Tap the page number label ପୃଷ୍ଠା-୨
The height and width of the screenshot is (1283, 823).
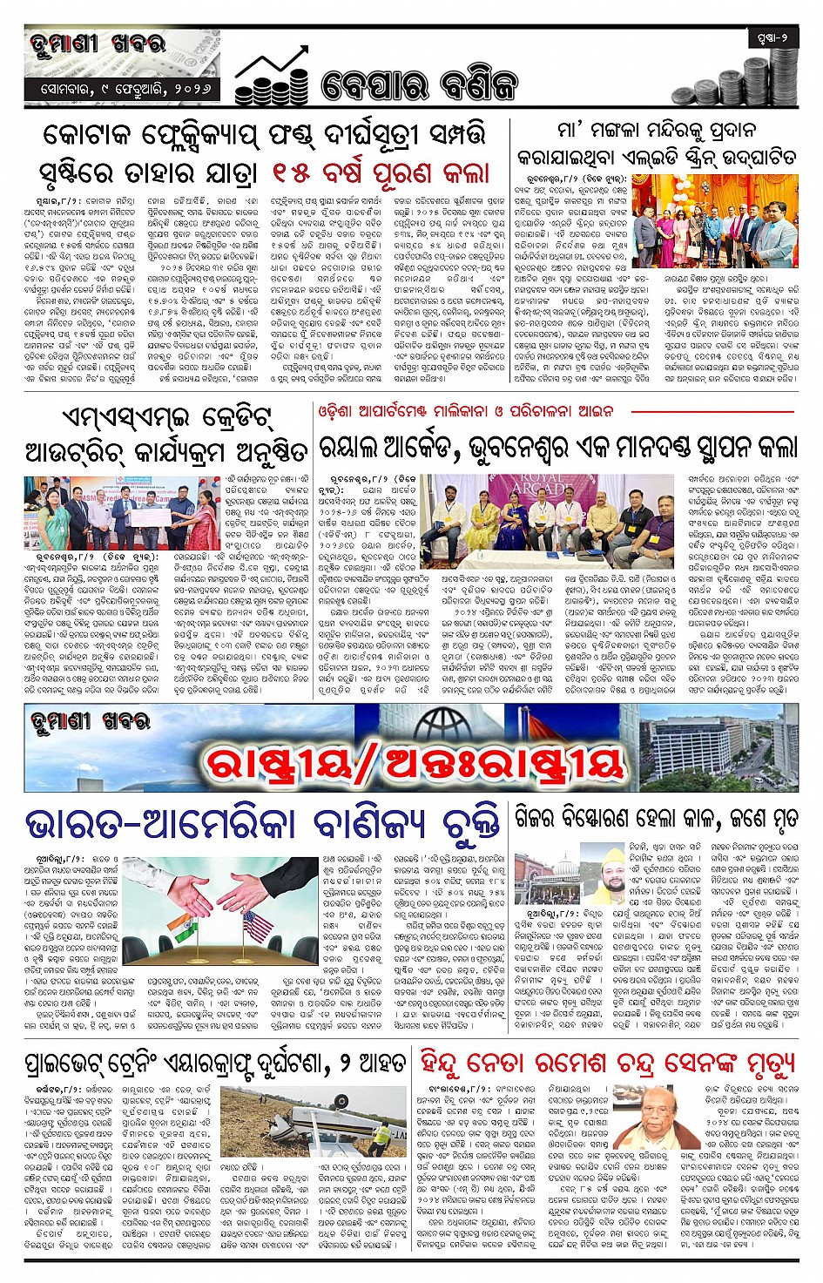[772, 37]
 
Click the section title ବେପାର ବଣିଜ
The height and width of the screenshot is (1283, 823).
[418, 84]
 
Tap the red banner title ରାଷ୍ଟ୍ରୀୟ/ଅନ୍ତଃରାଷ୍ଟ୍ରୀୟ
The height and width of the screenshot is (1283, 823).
[414, 764]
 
